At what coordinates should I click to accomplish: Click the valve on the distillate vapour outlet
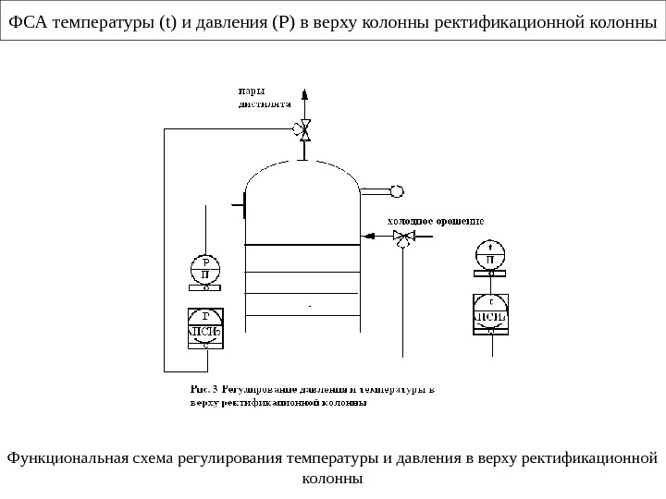coord(302,130)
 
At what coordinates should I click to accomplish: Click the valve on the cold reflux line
coord(402,237)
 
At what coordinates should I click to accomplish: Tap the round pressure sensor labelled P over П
coord(206,268)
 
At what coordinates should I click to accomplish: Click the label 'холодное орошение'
coord(435,221)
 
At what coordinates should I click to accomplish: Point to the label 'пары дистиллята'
coord(258,97)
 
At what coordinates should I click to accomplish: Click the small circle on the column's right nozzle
coord(397,191)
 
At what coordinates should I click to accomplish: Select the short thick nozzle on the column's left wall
coord(243,203)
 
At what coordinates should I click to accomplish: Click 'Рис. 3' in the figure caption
coord(202,388)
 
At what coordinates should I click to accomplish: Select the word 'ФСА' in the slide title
coord(29,22)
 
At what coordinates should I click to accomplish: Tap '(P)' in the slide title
coord(283,22)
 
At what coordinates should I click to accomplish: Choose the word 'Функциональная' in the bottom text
coord(61,458)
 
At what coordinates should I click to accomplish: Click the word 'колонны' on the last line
coord(333,479)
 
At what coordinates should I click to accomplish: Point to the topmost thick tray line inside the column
coord(302,244)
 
